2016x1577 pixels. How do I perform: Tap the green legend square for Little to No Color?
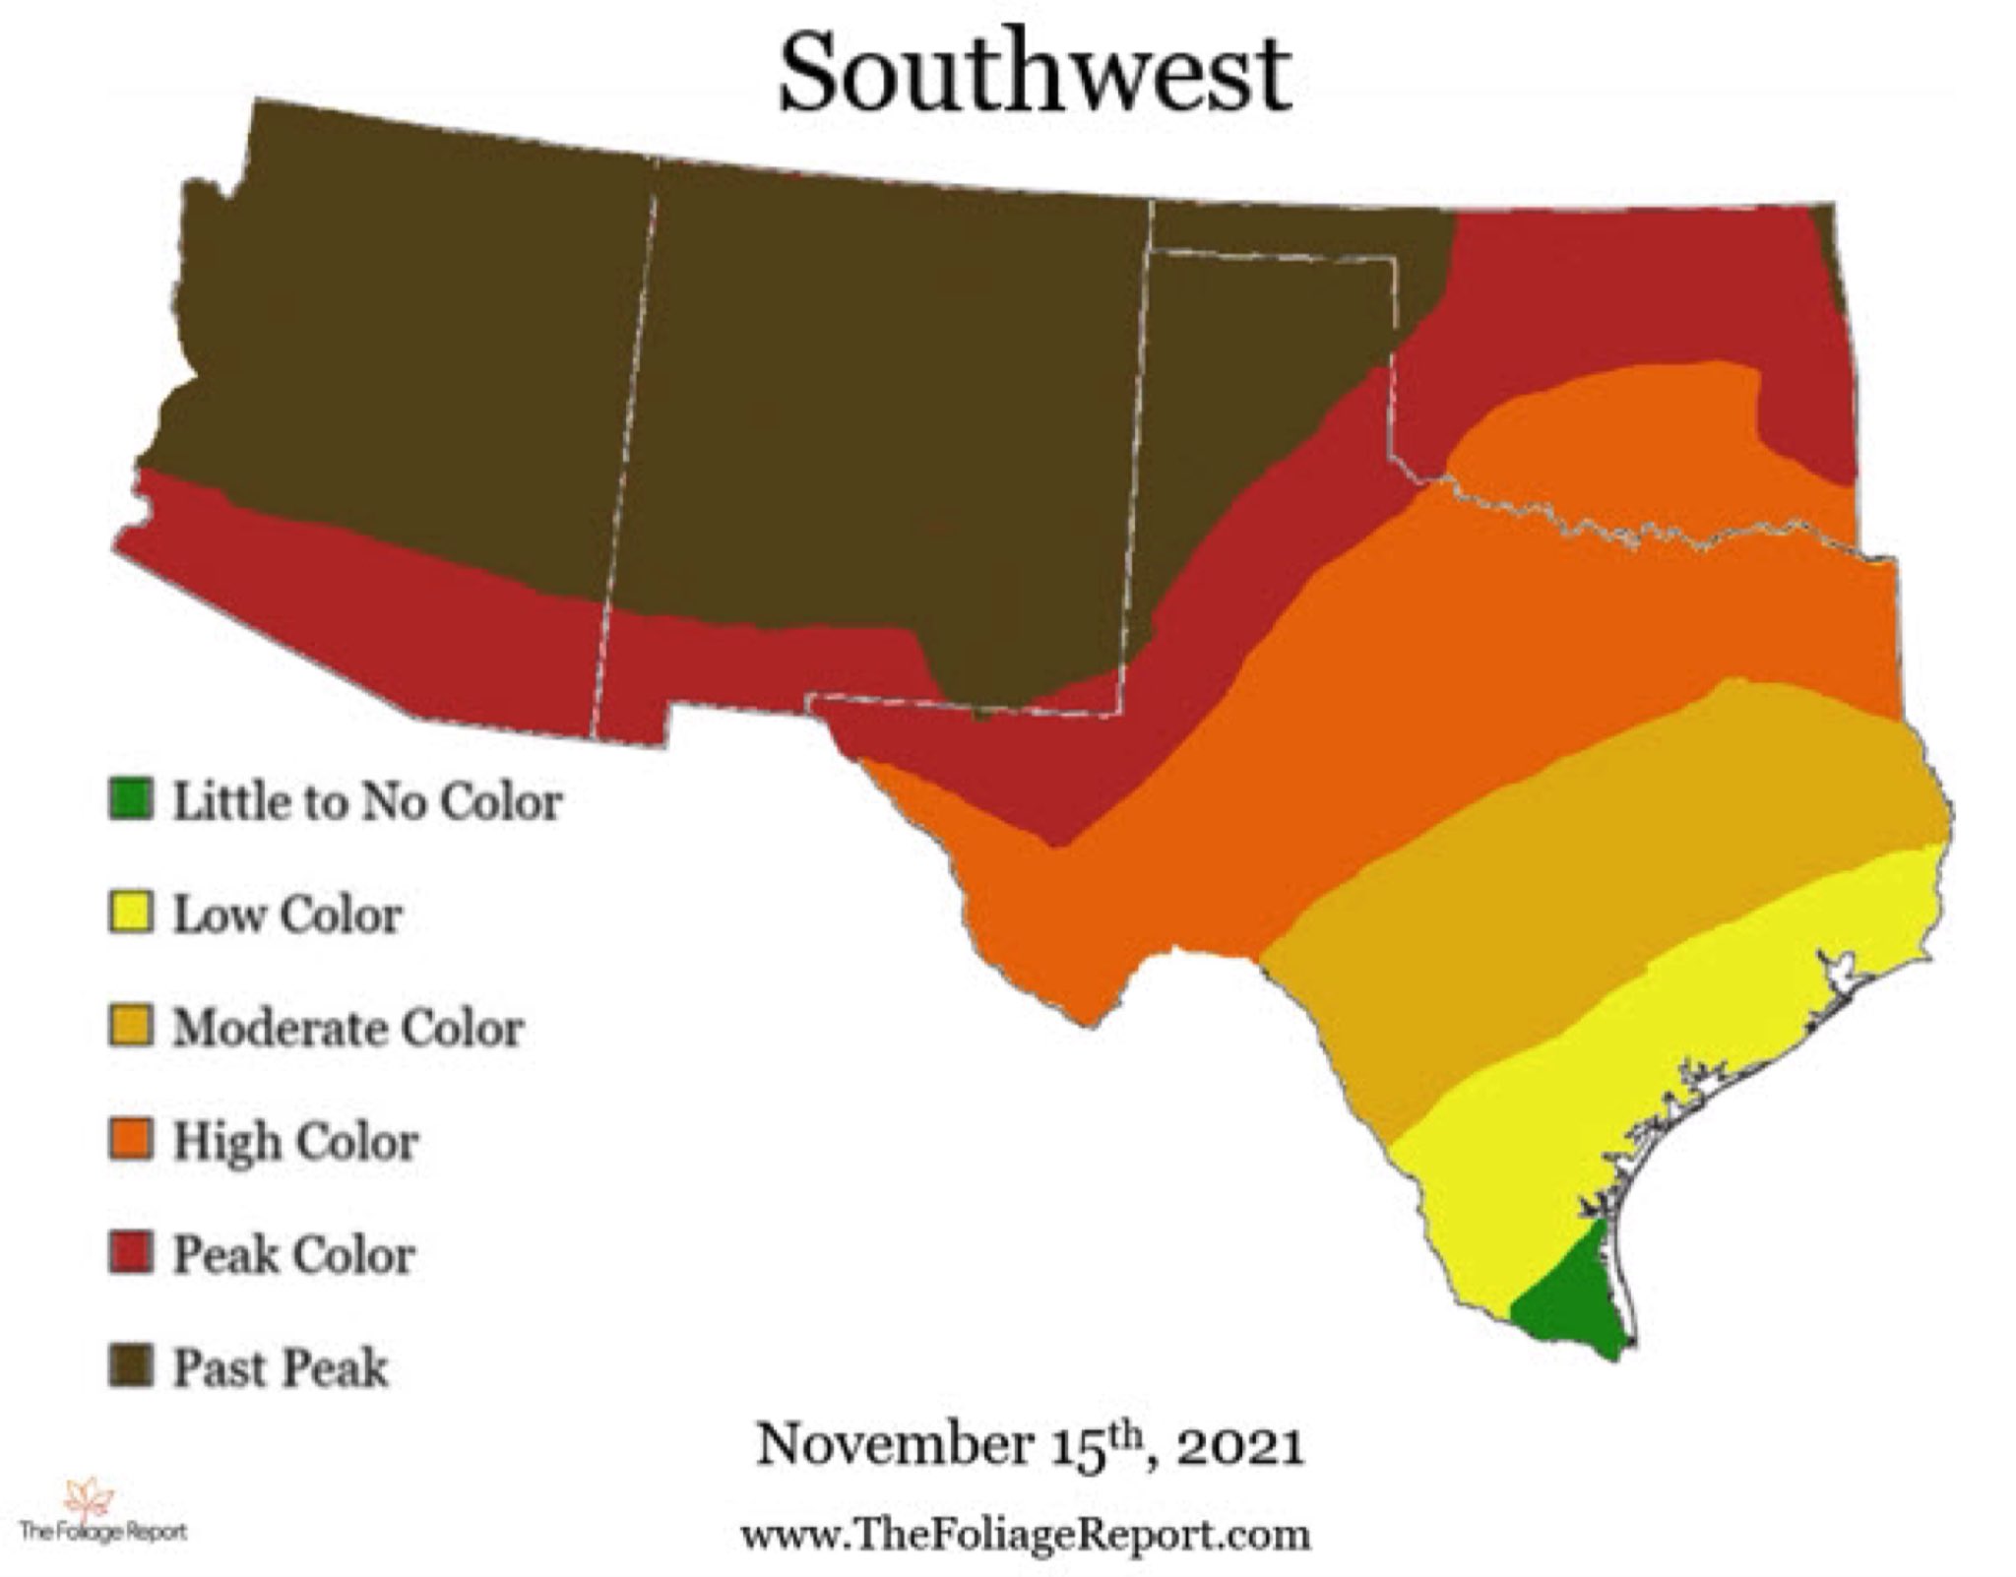(130, 799)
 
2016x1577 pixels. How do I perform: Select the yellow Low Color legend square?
(130, 913)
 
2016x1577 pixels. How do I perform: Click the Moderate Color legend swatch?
(130, 1027)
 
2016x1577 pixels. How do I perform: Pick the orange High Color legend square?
(130, 1140)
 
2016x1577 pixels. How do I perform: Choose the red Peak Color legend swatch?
(130, 1253)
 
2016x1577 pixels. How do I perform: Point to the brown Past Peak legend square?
(130, 1366)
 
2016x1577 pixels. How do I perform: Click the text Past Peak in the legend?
(281, 1368)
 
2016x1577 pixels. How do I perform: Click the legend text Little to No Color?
(367, 801)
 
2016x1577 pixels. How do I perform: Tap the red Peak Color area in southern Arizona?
(374, 610)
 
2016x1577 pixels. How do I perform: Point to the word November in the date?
(893, 1445)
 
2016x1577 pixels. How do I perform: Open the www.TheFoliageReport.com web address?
(1024, 1534)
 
